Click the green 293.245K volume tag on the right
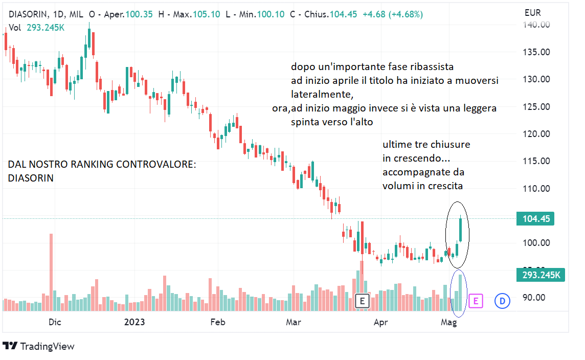point(541,275)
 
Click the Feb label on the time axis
point(218,322)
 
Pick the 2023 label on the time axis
point(134,322)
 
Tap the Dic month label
point(55,322)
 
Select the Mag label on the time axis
point(448,322)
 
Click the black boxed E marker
point(362,301)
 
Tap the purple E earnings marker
point(475,301)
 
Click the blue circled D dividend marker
point(502,301)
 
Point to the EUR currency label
point(532,12)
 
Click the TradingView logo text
point(47,346)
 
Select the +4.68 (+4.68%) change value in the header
point(392,14)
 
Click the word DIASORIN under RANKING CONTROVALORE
point(31,178)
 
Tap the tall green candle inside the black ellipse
point(461,230)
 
